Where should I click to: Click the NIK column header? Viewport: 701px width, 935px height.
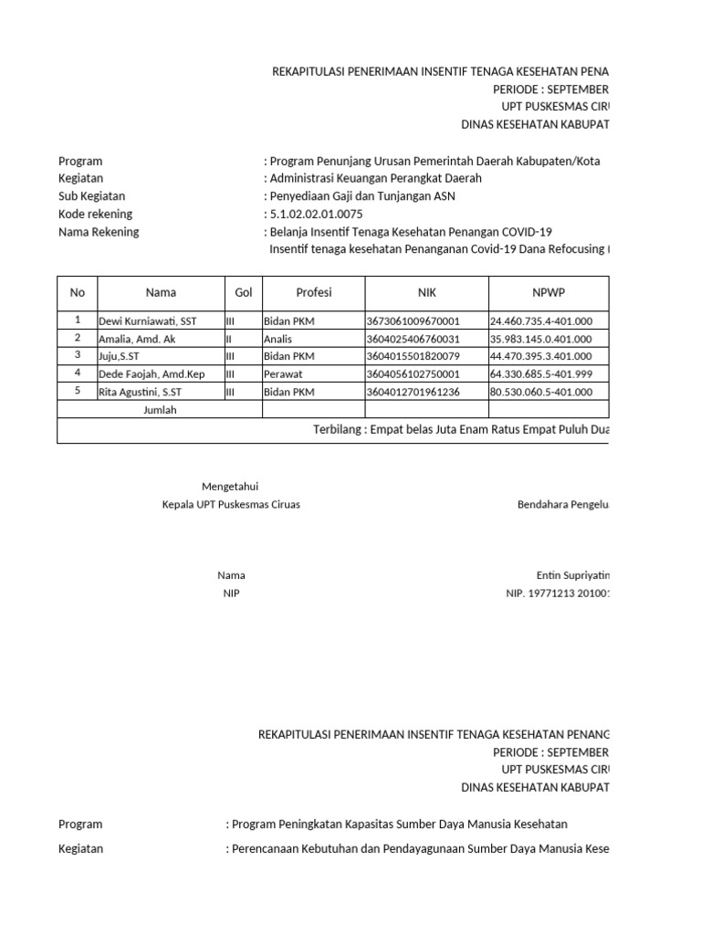point(427,292)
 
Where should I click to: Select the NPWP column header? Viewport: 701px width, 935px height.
point(549,292)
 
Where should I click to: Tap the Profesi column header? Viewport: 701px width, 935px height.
point(314,292)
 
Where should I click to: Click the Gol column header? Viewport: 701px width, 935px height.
point(243,292)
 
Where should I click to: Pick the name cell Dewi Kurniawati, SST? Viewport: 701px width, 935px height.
point(148,321)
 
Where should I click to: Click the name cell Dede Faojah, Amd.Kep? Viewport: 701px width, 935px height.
point(152,374)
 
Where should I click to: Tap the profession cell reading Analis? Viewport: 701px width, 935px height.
point(278,339)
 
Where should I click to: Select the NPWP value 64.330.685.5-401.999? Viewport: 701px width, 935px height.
point(541,374)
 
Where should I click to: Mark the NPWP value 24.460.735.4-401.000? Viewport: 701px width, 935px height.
point(541,321)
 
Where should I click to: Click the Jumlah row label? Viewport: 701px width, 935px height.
point(160,410)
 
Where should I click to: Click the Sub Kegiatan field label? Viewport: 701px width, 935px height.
point(91,196)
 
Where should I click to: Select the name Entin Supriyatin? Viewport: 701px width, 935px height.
point(573,575)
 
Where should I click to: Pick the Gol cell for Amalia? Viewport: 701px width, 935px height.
point(229,339)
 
